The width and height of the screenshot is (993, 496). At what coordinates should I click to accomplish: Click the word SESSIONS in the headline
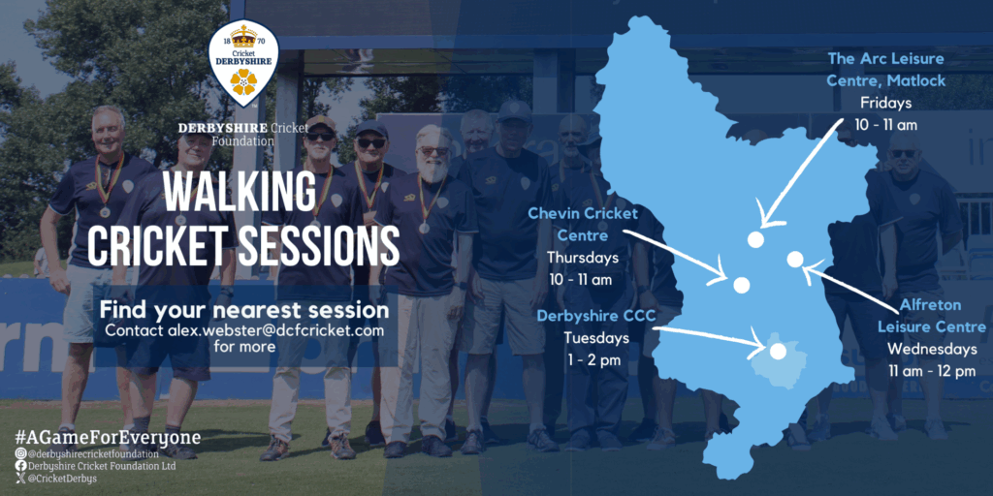pyautogui.click(x=318, y=245)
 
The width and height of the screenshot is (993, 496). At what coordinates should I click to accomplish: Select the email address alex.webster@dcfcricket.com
pyautogui.click(x=276, y=330)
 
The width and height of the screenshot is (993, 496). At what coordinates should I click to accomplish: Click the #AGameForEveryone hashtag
pyautogui.click(x=108, y=437)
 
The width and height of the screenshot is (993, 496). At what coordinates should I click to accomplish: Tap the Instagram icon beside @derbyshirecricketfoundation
pyautogui.click(x=21, y=453)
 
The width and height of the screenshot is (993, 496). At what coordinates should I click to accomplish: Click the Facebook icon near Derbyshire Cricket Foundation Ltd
pyautogui.click(x=21, y=466)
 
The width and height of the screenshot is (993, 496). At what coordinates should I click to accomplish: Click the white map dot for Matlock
pyautogui.click(x=754, y=239)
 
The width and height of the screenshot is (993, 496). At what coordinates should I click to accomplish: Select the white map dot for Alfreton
pyautogui.click(x=795, y=259)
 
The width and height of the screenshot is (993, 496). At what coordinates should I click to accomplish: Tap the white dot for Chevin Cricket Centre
pyautogui.click(x=742, y=286)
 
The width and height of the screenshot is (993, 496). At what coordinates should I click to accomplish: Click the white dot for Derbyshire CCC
pyautogui.click(x=778, y=351)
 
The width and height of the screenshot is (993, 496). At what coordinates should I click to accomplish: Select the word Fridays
pyautogui.click(x=885, y=103)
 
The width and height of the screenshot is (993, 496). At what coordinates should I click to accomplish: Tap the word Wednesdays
pyautogui.click(x=932, y=349)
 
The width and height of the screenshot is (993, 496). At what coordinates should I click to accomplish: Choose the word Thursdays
pyautogui.click(x=583, y=258)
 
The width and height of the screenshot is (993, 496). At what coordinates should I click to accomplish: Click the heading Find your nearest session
pyautogui.click(x=244, y=311)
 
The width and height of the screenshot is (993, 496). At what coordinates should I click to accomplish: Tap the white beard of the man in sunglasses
pyautogui.click(x=433, y=169)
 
